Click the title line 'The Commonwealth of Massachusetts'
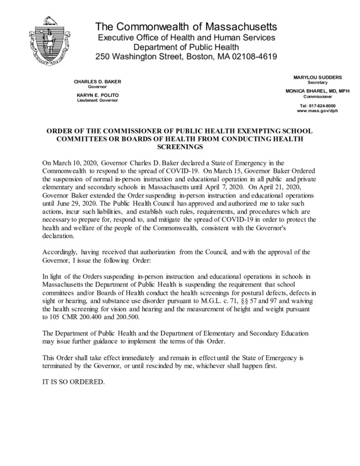point(186,27)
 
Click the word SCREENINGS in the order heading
point(180,149)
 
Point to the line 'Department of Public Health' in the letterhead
point(186,48)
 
